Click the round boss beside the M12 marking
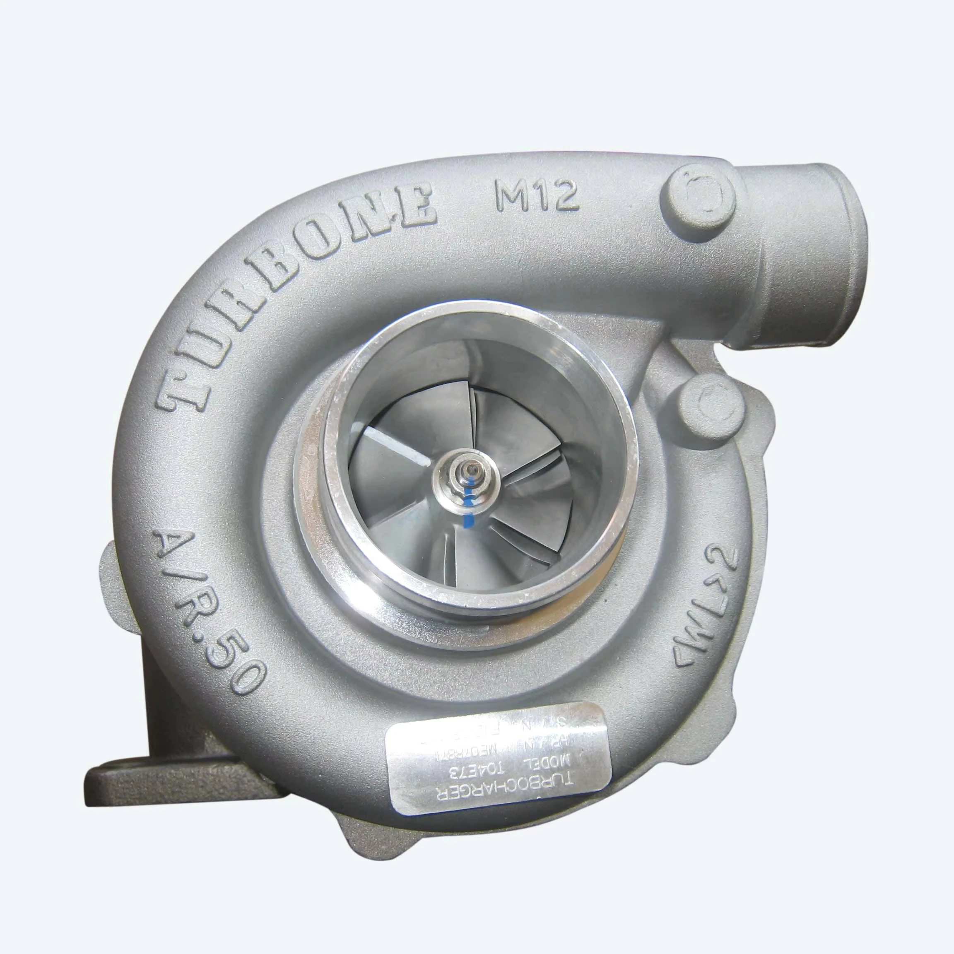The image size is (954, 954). coord(700,195)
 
